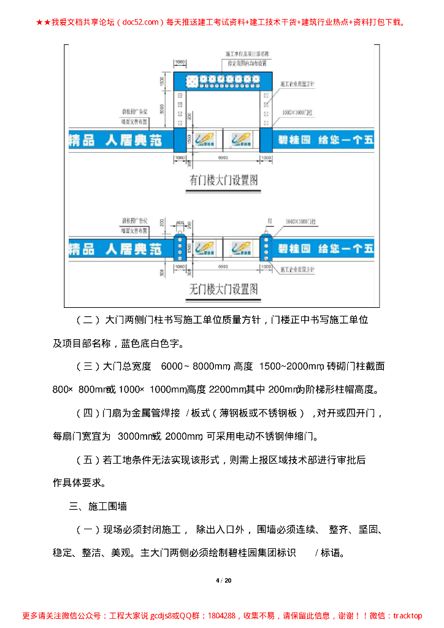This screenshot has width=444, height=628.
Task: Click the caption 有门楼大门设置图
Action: click(x=223, y=180)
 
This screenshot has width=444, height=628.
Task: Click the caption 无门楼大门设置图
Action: click(x=223, y=288)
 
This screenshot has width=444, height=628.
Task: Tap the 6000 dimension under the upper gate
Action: click(x=223, y=158)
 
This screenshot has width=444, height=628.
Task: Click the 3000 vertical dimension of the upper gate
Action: click(x=161, y=109)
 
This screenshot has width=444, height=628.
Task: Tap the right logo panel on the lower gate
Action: click(x=243, y=248)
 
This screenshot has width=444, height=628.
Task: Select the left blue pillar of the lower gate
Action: click(x=180, y=247)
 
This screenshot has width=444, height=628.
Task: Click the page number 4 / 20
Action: click(x=223, y=581)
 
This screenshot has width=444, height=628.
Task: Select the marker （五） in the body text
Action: click(x=88, y=460)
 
